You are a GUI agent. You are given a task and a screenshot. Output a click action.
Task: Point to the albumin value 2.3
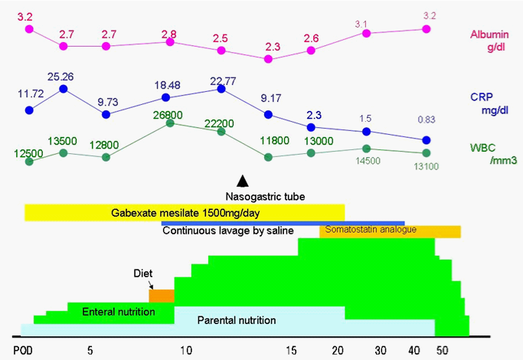[x=268, y=46]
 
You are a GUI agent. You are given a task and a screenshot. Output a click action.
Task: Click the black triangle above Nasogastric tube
[x=242, y=181]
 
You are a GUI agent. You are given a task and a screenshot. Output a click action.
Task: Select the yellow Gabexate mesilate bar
[x=184, y=212]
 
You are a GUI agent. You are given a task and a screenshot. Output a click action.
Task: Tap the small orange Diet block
[x=161, y=296]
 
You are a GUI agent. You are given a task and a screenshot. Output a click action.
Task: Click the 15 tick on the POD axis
[x=290, y=350]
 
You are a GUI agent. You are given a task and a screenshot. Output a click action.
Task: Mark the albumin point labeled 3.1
[x=366, y=34]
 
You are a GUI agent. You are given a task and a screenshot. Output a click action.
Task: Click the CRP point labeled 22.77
[x=221, y=89]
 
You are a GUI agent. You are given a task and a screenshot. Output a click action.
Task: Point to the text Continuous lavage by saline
[x=228, y=231]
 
